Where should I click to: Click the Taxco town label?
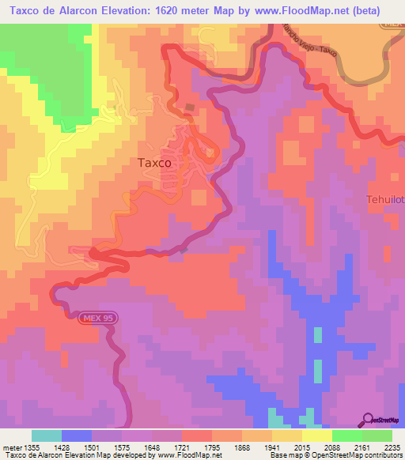click(154, 163)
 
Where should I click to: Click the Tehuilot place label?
click(385, 199)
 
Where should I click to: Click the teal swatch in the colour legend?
click(47, 435)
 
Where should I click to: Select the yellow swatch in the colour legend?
click(316, 435)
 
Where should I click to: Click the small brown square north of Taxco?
click(189, 107)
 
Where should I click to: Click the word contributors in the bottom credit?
click(382, 455)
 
